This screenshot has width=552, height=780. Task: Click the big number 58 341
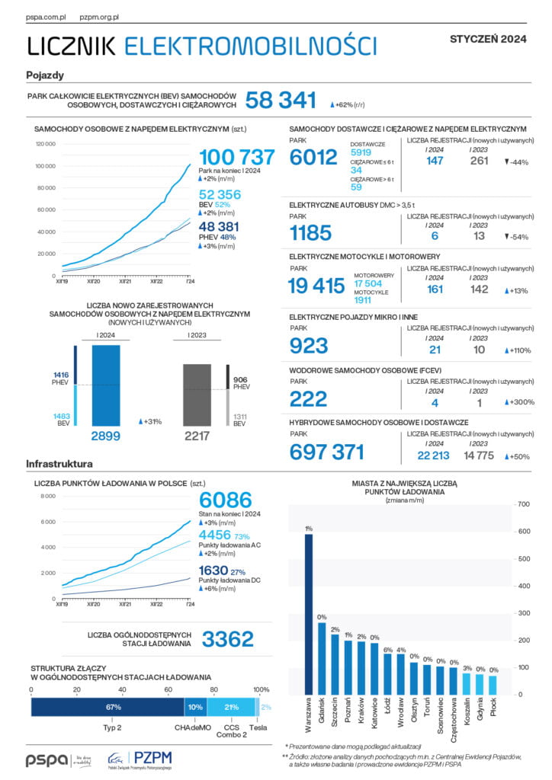pos(280,100)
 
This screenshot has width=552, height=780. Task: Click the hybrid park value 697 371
pos(327,452)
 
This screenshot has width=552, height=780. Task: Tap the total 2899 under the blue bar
pos(105,436)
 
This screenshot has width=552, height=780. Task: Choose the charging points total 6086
pos(225,500)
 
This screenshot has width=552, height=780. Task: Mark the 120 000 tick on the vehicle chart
pos(45,144)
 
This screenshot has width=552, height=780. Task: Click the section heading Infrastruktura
pos(59,463)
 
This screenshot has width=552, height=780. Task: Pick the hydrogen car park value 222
pos(308,398)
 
